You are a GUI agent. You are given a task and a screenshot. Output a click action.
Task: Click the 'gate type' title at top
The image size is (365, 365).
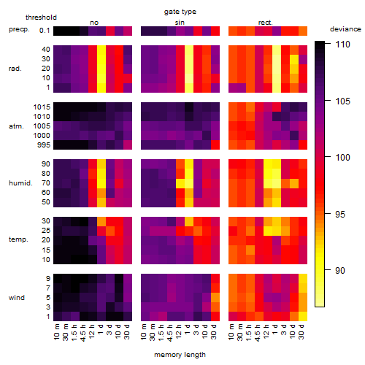tap(180, 12)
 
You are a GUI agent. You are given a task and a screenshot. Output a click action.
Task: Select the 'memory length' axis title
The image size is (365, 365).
tap(180, 355)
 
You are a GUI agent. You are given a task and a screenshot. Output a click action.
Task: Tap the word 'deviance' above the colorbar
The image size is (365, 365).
tap(345, 29)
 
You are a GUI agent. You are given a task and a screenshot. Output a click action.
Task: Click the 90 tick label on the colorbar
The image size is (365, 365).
tap(340, 270)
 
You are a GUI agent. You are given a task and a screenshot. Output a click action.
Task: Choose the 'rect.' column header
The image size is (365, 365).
tap(266, 23)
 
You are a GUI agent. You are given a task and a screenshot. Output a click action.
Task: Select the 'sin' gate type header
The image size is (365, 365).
tap(180, 23)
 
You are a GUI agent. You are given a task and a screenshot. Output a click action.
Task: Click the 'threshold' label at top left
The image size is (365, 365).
tap(41, 18)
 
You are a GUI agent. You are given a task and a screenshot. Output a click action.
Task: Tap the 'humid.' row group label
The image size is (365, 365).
tap(20, 183)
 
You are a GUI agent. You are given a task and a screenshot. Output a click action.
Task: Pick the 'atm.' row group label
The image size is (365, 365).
tap(16, 126)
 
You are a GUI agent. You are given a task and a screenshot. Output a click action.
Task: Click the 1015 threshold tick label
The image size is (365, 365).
tap(42, 107)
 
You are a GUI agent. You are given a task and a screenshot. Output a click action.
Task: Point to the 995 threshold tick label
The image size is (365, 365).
tap(44, 145)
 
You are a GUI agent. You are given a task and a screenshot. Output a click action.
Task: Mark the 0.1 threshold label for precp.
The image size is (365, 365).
tap(45, 31)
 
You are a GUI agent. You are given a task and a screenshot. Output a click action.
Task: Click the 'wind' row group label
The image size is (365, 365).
tap(17, 298)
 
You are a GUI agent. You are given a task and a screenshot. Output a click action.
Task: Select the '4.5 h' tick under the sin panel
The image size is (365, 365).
tap(170, 333)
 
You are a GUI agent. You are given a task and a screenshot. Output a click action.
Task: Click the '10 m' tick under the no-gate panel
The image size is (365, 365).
tap(56, 332)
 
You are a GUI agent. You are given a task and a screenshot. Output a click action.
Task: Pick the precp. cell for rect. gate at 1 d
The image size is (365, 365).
tap(277, 31)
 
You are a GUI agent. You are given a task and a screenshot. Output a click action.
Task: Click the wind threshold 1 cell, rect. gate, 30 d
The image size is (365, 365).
tap(303, 316)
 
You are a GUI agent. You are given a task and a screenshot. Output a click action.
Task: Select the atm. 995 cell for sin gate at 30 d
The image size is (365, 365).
tap(215, 145)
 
